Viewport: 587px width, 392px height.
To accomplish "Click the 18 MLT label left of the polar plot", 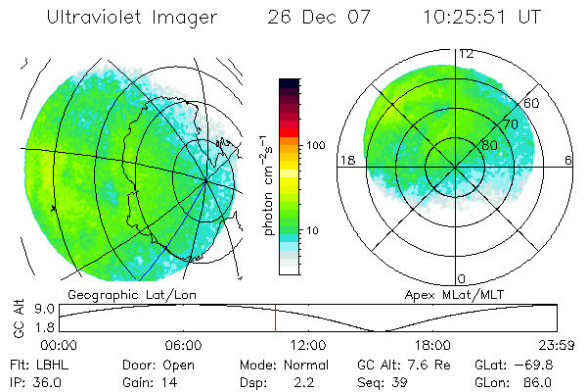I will pos(345,160).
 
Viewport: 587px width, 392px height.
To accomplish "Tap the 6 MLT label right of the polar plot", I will pos(567,160).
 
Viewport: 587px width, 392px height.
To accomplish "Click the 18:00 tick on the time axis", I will pos(432,345).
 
